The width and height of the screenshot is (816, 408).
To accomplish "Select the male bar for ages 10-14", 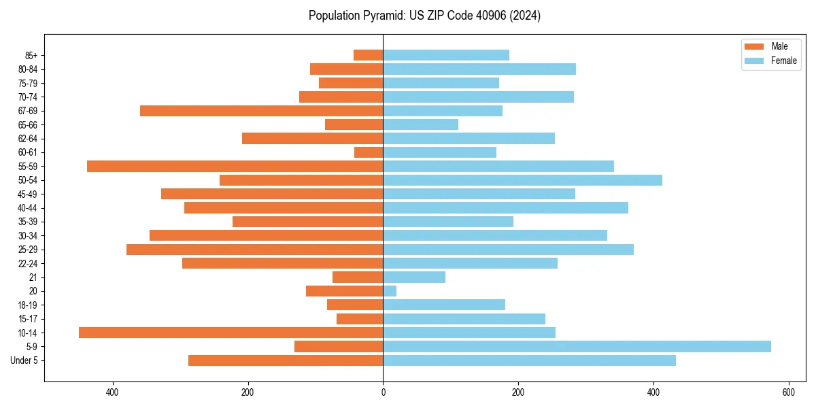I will pyautogui.click(x=231, y=333).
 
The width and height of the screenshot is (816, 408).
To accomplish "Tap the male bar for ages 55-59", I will pyautogui.click(x=235, y=166).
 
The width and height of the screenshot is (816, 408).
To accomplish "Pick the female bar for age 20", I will pyautogui.click(x=390, y=291).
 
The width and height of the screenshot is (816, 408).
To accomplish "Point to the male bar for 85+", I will pyautogui.click(x=368, y=55).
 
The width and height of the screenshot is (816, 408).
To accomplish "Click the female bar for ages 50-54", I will pyautogui.click(x=522, y=180).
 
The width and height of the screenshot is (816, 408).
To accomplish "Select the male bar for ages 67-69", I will pyautogui.click(x=261, y=111).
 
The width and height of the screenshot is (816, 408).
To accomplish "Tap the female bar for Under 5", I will pyautogui.click(x=529, y=360).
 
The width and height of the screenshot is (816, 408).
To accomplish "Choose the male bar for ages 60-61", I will pyautogui.click(x=369, y=152).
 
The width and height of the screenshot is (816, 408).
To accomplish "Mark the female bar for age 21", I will pyautogui.click(x=414, y=277).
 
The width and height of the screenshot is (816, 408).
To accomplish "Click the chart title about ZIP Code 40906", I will pyautogui.click(x=424, y=16).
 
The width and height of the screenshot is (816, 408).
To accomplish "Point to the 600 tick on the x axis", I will pyautogui.click(x=788, y=392).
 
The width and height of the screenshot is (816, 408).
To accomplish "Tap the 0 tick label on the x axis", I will pyautogui.click(x=383, y=392).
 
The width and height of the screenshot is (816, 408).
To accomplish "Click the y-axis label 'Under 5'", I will pyautogui.click(x=24, y=360).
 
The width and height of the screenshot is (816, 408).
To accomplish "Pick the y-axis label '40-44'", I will pyautogui.click(x=28, y=208).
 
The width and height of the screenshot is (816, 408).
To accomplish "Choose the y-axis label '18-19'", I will pyautogui.click(x=28, y=305).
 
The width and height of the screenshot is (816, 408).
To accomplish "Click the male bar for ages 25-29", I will pyautogui.click(x=254, y=250).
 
